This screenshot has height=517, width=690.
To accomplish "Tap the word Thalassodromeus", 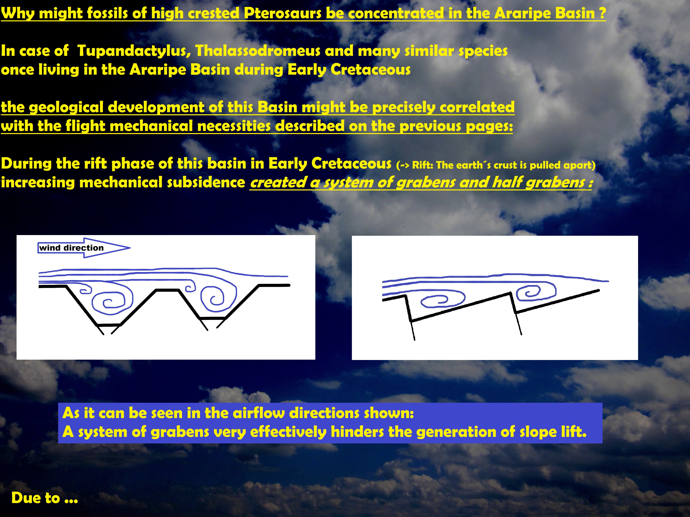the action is [x=258, y=51].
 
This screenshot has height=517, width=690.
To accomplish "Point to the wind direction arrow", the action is [x=84, y=248].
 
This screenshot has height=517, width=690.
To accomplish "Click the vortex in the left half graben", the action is [x=443, y=300].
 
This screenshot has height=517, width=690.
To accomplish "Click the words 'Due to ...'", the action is [x=45, y=498].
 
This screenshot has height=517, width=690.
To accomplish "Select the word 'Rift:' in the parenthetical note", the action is [x=423, y=165].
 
